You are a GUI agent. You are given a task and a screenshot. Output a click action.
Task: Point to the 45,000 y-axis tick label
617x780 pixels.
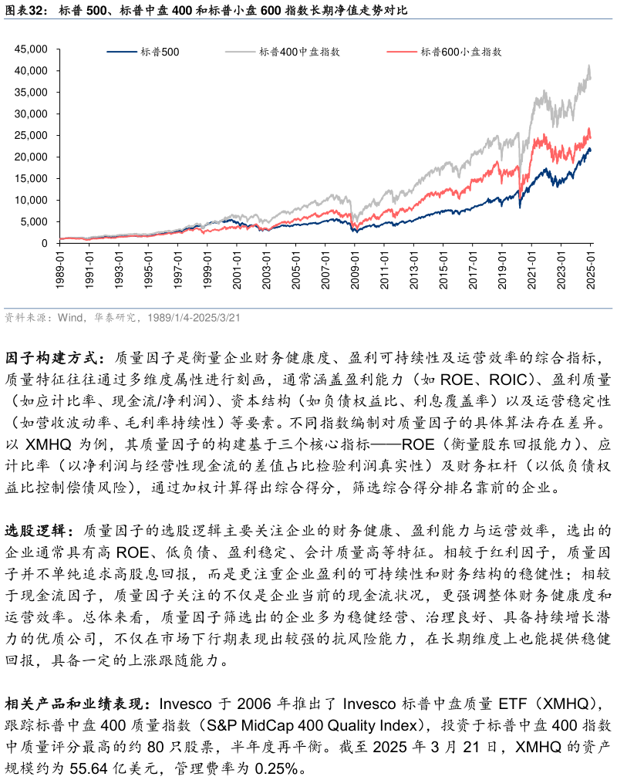(x=32, y=49)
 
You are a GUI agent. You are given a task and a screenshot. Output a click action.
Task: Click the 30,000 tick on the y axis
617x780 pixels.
(x=32, y=114)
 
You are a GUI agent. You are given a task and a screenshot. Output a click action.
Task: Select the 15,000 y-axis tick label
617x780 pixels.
(x=32, y=179)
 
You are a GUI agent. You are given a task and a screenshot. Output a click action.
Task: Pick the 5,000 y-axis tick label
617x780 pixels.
(x=35, y=222)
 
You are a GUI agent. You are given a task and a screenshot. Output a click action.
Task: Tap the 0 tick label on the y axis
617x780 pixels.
(x=46, y=244)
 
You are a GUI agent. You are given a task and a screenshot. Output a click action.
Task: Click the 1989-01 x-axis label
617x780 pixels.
(x=60, y=269)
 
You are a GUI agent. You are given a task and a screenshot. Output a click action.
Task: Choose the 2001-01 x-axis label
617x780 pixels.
(x=237, y=269)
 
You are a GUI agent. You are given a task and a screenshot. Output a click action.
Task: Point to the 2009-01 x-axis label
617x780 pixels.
(x=355, y=269)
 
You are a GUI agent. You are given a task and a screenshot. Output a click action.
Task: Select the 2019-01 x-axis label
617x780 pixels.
(x=502, y=269)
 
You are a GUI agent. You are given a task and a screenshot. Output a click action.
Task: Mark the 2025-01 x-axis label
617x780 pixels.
(x=591, y=269)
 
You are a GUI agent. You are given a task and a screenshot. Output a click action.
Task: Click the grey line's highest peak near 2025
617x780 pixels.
(x=589, y=66)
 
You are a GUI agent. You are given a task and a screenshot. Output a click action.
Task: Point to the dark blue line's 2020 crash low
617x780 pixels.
(x=520, y=208)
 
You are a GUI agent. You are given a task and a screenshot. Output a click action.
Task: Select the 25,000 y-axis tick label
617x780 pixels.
(x=32, y=136)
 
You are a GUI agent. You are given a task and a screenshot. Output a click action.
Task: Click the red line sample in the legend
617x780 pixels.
(x=400, y=52)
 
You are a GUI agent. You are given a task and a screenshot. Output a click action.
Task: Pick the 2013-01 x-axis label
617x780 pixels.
(x=414, y=269)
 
